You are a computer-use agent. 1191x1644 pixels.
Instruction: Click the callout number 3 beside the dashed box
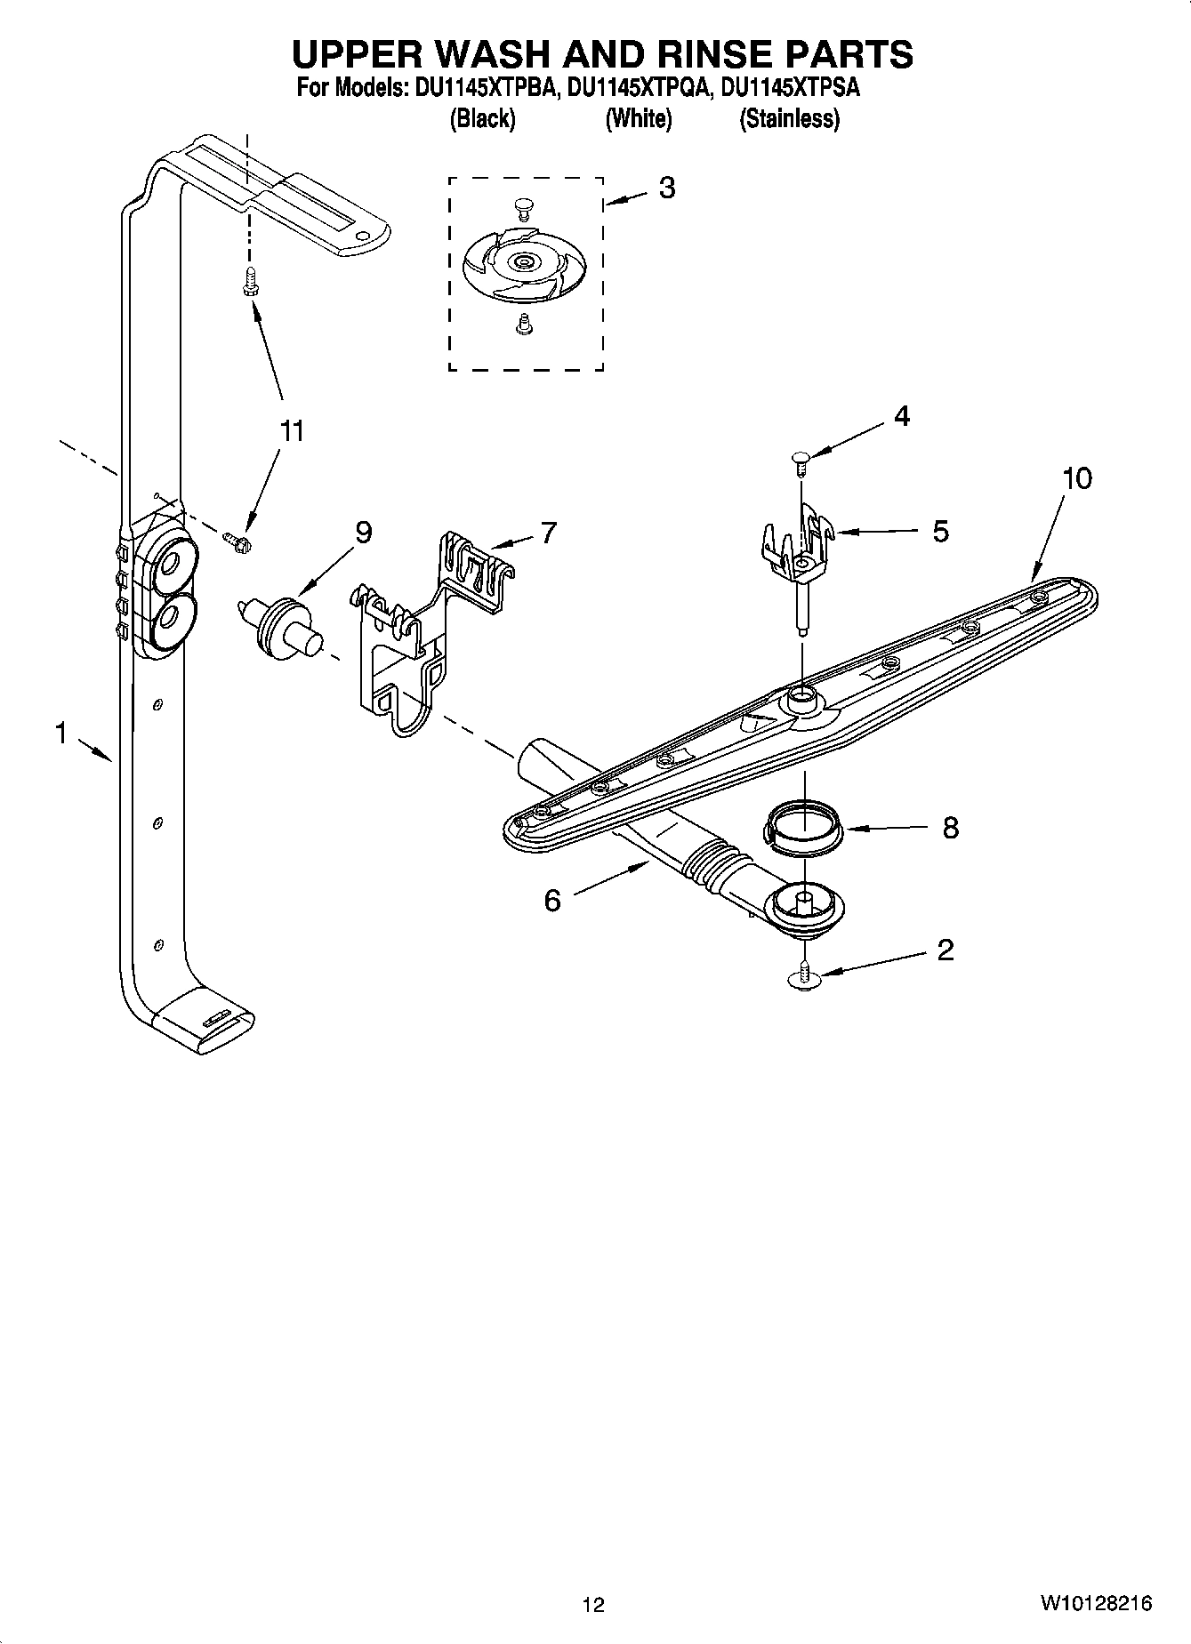tap(666, 188)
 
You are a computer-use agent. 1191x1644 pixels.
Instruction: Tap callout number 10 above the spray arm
tap(1076, 478)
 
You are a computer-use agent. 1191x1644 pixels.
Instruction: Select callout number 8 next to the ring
tap(950, 829)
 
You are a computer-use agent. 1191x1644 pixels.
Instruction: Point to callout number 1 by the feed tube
tap(60, 734)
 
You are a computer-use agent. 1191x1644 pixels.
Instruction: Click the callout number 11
tap(292, 431)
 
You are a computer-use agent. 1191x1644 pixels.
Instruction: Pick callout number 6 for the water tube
tap(552, 901)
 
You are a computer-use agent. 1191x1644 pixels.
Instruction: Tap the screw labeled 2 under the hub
tap(804, 975)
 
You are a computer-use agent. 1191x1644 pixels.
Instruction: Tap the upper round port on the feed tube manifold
tap(168, 564)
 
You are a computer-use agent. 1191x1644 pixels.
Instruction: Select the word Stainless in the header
tap(789, 118)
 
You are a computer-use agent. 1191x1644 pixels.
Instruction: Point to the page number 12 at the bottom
tap(593, 1604)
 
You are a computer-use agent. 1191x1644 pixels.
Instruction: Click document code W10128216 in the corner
tap(1095, 1603)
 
